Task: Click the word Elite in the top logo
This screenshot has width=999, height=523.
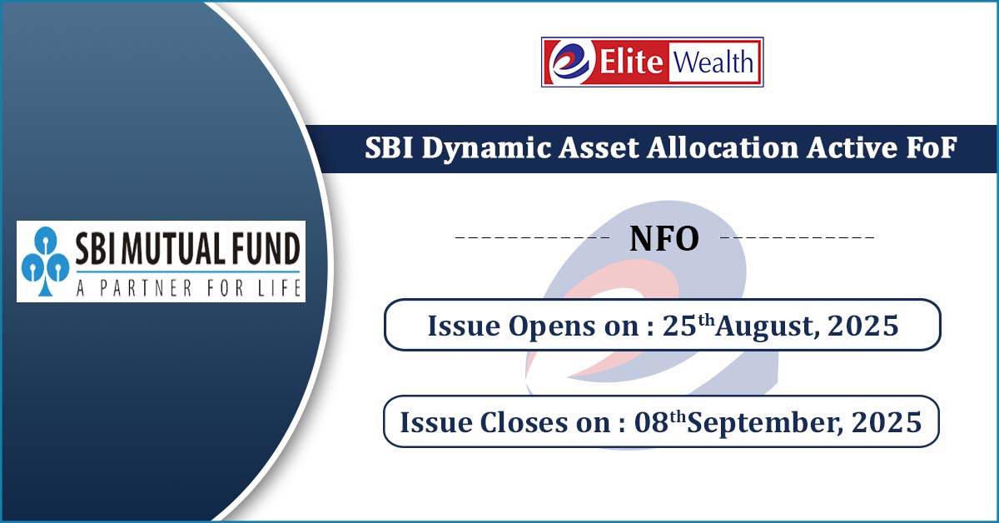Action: tap(631, 62)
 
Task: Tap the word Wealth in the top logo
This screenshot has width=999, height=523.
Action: tap(713, 62)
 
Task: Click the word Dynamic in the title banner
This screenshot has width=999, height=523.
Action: tap(486, 148)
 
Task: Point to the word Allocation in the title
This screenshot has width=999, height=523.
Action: tap(723, 147)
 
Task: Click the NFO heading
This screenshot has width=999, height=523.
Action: tap(664, 239)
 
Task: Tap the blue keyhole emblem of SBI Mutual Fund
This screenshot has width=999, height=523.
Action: tap(45, 261)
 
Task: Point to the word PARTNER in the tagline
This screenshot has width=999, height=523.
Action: tap(147, 288)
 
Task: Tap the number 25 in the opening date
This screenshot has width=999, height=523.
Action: tap(679, 326)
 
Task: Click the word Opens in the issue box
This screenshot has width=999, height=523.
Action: tap(552, 326)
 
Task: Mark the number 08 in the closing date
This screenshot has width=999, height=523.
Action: tap(651, 422)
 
